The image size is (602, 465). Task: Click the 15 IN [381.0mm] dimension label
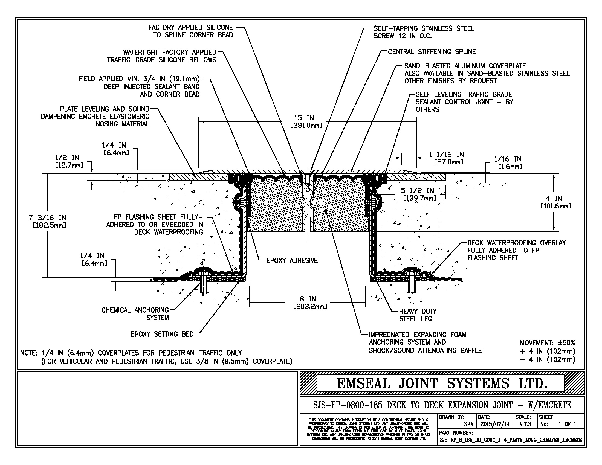click(306, 121)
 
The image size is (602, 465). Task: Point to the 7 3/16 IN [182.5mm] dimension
click(47, 222)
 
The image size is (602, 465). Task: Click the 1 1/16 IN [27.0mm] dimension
click(446, 158)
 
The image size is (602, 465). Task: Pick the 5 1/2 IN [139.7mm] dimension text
click(419, 194)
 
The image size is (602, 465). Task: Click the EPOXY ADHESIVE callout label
click(292, 260)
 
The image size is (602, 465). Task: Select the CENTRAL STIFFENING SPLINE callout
click(432, 52)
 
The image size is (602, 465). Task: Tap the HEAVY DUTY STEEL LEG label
click(418, 315)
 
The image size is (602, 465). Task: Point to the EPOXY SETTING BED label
click(162, 334)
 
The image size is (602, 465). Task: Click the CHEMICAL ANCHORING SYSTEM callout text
click(135, 314)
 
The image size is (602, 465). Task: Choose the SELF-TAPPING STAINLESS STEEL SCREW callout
click(423, 32)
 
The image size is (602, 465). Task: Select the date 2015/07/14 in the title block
click(495, 424)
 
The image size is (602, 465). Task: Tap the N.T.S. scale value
click(525, 424)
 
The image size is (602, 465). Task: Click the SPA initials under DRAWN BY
click(468, 424)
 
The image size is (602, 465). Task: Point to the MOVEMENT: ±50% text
click(548, 343)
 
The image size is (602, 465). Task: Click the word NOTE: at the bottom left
click(29, 353)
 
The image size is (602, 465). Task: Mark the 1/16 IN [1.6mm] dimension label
click(508, 162)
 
